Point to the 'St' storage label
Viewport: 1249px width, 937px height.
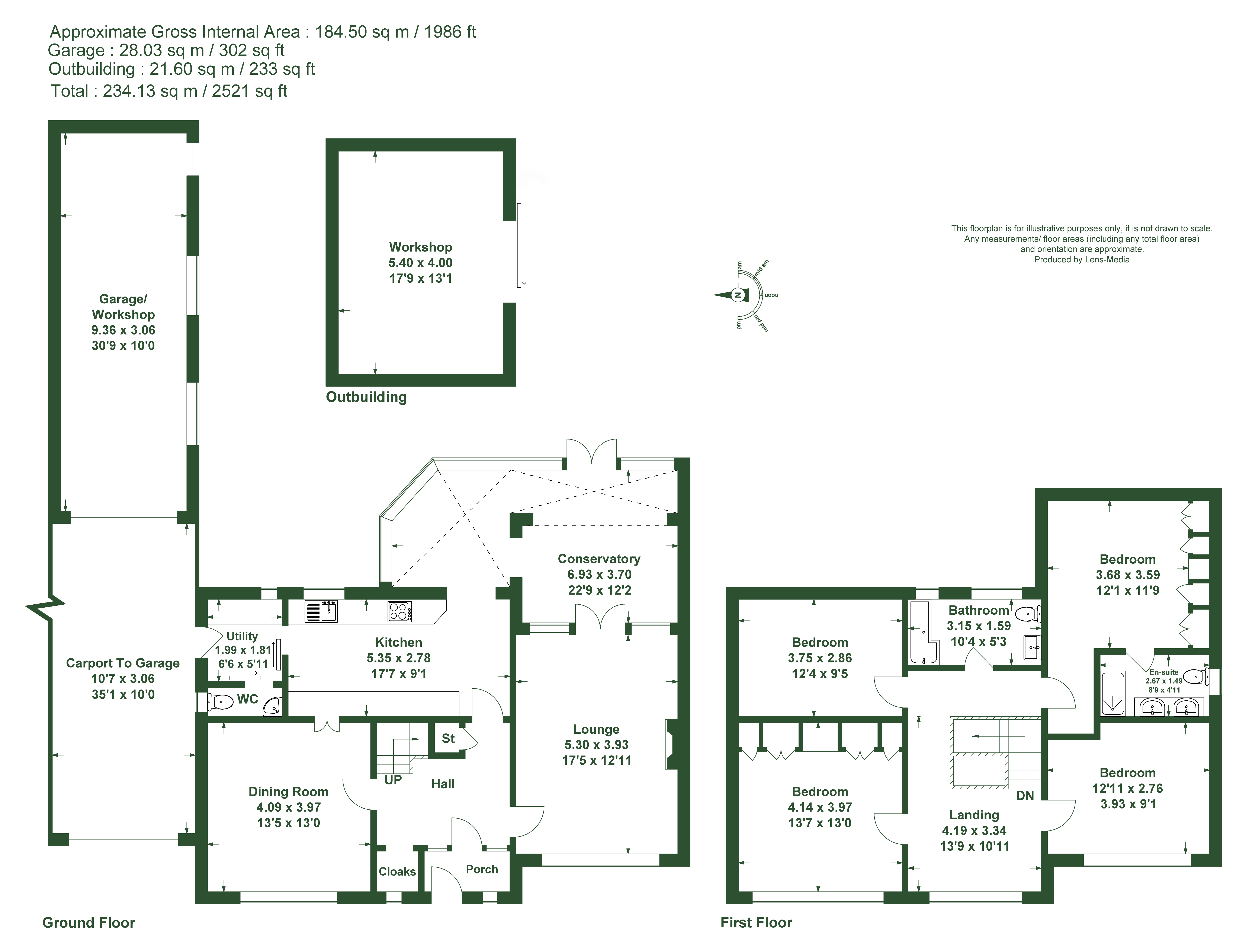[x=448, y=739]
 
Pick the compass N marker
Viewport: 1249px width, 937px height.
[x=737, y=295]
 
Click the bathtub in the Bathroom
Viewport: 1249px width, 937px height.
[x=923, y=632]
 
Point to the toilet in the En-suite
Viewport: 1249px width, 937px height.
[x=1196, y=677]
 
